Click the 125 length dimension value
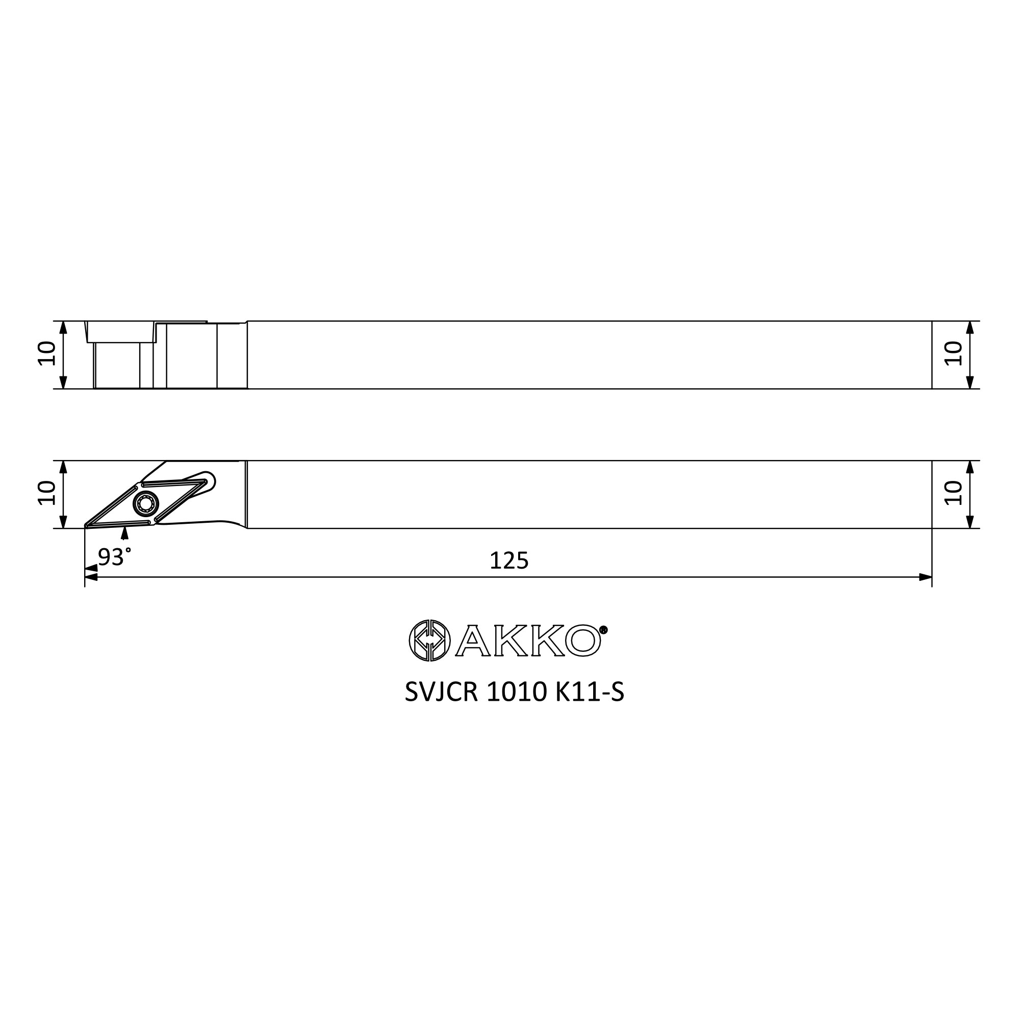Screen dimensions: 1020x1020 [509, 560]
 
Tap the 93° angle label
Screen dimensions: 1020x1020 [114, 556]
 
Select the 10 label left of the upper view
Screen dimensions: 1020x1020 [47, 353]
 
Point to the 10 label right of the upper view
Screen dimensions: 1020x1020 [954, 353]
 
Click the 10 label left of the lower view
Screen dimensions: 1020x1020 [47, 493]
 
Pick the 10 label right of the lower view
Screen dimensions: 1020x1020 [954, 493]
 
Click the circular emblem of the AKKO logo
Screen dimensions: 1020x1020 [430, 641]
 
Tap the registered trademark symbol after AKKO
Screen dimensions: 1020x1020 [604, 630]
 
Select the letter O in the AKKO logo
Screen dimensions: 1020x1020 [583, 641]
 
